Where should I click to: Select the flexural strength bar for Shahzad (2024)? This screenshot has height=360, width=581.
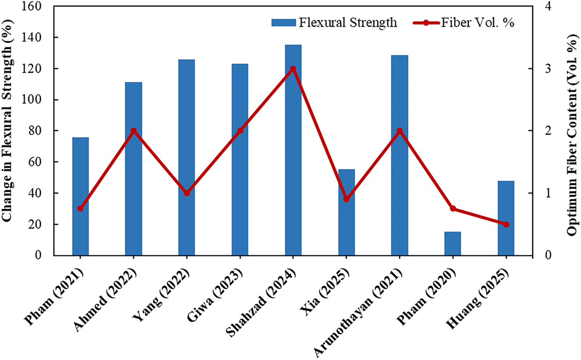coord(293,149)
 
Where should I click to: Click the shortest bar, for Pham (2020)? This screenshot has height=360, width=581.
coord(452,244)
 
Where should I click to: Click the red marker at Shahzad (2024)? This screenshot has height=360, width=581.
coord(293,69)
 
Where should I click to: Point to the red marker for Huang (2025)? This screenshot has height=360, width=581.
coord(506,224)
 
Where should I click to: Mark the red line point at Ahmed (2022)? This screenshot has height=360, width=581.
coord(133,131)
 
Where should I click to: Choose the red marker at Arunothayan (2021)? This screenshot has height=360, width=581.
coord(399,131)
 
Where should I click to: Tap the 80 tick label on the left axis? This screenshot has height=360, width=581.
coord(43,131)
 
